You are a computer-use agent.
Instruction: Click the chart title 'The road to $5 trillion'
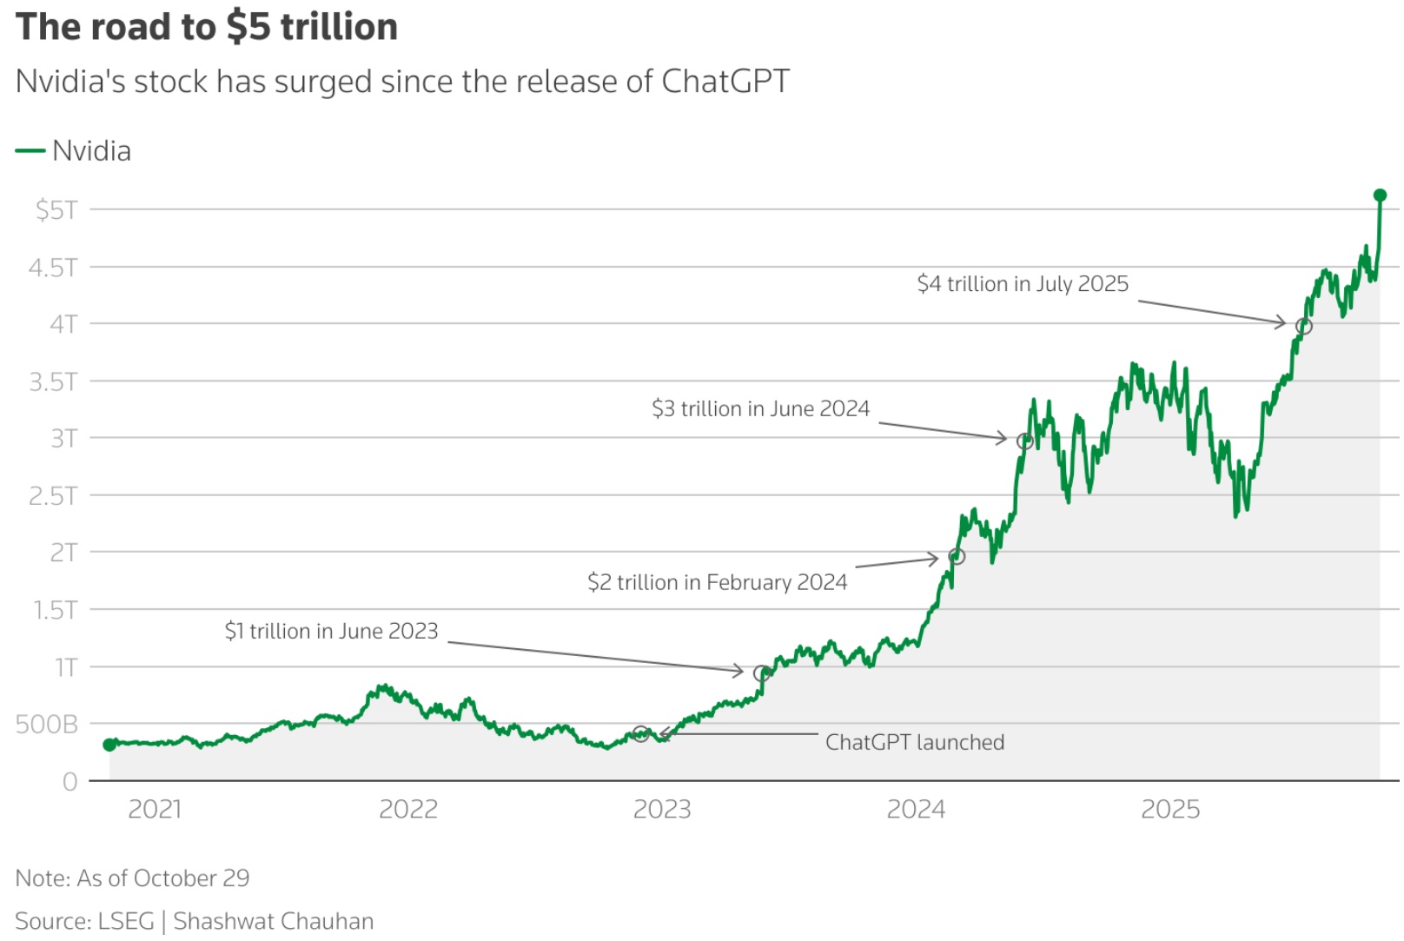207,27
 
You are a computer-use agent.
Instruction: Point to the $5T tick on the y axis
56,209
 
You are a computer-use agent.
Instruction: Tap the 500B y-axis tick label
46,724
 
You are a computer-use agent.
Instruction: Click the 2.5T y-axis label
53,495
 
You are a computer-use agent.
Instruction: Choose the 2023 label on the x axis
662,809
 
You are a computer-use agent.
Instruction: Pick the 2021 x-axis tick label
155,809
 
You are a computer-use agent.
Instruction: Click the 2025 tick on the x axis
1169,809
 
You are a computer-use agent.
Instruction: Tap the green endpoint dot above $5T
1380,195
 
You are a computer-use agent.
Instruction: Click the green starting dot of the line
109,745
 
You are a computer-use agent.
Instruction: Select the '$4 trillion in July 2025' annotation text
1023,284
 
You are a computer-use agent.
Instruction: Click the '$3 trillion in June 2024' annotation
760,408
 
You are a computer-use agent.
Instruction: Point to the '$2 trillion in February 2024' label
717,582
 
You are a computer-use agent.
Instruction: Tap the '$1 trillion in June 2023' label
331,631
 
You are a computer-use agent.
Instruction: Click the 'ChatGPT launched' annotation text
914,742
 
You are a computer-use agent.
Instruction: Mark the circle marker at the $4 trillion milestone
1303,327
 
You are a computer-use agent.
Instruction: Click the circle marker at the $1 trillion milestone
762,673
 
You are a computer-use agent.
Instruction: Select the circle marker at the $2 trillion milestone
957,556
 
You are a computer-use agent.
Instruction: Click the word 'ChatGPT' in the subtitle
725,82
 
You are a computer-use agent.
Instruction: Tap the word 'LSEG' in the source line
126,921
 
